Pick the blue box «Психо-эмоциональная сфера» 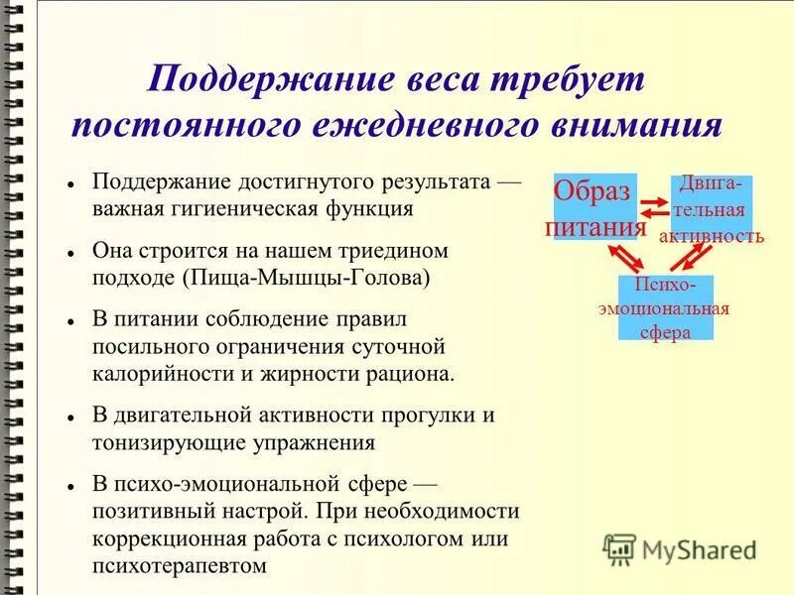point(664,307)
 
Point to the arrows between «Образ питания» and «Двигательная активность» point(654,208)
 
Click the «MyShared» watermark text point(700,549)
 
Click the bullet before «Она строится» point(72,253)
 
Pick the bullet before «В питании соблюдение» point(72,322)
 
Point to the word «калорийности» point(153,374)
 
